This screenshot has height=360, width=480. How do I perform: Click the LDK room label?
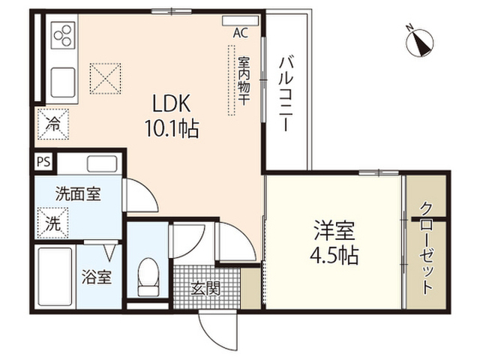(172, 103)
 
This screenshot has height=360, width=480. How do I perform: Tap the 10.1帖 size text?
(172, 128)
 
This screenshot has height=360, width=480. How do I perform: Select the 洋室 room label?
(334, 231)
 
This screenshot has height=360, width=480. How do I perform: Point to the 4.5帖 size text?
(334, 256)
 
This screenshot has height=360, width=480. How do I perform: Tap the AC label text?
(241, 33)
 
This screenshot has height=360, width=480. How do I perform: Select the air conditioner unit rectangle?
(241, 21)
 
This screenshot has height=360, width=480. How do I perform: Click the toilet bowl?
(148, 277)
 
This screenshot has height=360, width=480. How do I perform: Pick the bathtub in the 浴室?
(55, 278)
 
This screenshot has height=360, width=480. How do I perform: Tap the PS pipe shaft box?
(43, 162)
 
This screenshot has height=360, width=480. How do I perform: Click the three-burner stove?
(63, 35)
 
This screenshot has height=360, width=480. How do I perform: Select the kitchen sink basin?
(63, 82)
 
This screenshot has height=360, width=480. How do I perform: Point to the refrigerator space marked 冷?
(53, 124)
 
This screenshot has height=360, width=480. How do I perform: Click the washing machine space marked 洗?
(53, 223)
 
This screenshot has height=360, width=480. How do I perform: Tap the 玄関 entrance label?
(205, 288)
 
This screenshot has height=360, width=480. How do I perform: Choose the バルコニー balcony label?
(286, 93)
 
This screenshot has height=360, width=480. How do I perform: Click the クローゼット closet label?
(427, 248)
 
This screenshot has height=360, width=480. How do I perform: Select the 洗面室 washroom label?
(78, 193)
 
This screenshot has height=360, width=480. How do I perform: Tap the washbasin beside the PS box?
(102, 163)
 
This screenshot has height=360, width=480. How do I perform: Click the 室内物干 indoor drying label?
(244, 80)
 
